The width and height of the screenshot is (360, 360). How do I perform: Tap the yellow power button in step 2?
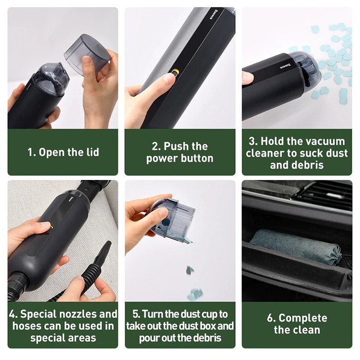(175, 72)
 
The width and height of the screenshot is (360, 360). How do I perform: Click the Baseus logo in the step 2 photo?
(214, 14)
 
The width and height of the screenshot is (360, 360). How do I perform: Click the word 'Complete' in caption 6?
(303, 318)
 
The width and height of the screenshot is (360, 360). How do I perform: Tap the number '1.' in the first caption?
(32, 152)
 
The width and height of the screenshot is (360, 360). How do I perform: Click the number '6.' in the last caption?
(271, 318)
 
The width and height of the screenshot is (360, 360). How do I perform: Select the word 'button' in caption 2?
(197, 158)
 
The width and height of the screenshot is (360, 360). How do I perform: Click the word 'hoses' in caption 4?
(26, 326)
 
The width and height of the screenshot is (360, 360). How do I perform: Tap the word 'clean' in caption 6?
(307, 330)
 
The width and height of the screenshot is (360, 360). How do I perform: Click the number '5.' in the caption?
(136, 314)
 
